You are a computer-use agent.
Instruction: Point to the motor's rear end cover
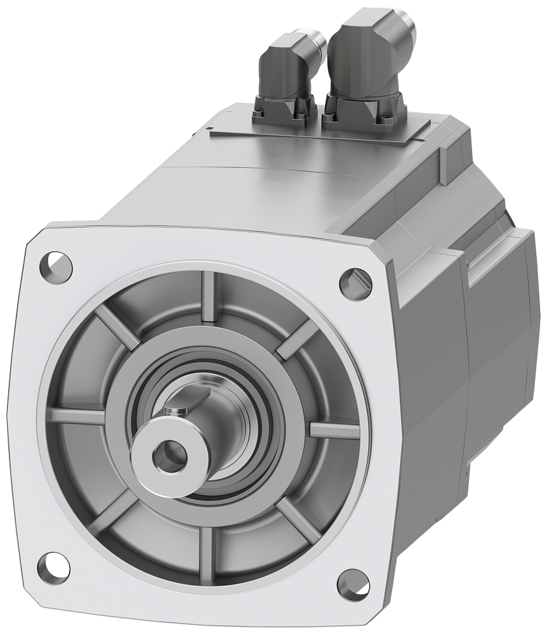(x=501, y=330)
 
